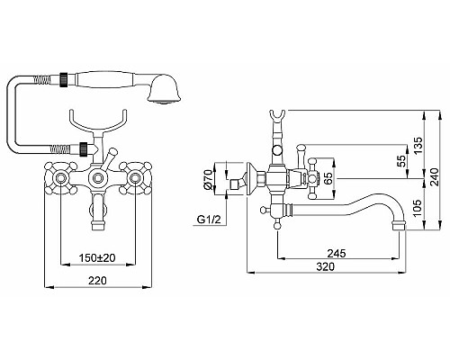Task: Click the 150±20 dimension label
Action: point(97,257)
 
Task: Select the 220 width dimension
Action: point(97,281)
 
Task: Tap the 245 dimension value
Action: point(337,254)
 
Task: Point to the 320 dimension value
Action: point(326,266)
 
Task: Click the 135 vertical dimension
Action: point(417,145)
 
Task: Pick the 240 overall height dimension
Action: point(434,176)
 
